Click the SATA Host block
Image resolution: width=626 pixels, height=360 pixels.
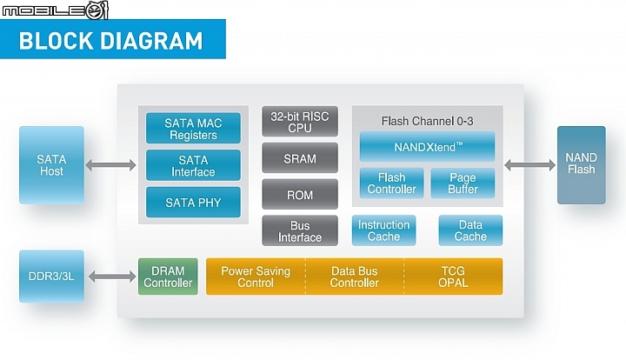click(51, 165)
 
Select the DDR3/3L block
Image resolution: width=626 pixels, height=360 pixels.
click(51, 277)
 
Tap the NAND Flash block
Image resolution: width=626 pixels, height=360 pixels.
click(582, 165)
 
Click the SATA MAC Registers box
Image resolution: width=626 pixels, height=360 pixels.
click(193, 128)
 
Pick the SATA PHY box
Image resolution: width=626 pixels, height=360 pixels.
click(193, 203)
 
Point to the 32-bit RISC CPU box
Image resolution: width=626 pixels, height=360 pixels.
click(300, 122)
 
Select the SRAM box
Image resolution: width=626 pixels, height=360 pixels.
click(300, 158)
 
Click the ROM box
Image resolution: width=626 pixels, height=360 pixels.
click(300, 195)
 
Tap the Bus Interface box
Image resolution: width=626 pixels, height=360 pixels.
click(300, 230)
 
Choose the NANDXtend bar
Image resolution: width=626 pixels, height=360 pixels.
click(427, 146)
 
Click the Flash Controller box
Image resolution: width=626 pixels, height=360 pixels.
click(391, 183)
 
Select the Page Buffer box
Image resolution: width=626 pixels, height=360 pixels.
click(463, 183)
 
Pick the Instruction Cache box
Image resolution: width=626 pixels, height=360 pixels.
click(383, 230)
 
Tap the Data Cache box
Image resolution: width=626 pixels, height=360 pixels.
click(470, 230)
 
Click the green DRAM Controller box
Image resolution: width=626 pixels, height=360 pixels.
click(168, 277)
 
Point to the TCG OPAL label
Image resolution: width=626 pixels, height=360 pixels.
click(453, 277)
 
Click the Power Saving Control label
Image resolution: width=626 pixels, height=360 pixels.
click(256, 277)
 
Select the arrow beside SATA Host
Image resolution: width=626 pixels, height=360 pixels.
click(111, 165)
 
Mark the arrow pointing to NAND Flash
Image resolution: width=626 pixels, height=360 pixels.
click(529, 165)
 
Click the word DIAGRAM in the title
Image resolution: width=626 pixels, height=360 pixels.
click(151, 41)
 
